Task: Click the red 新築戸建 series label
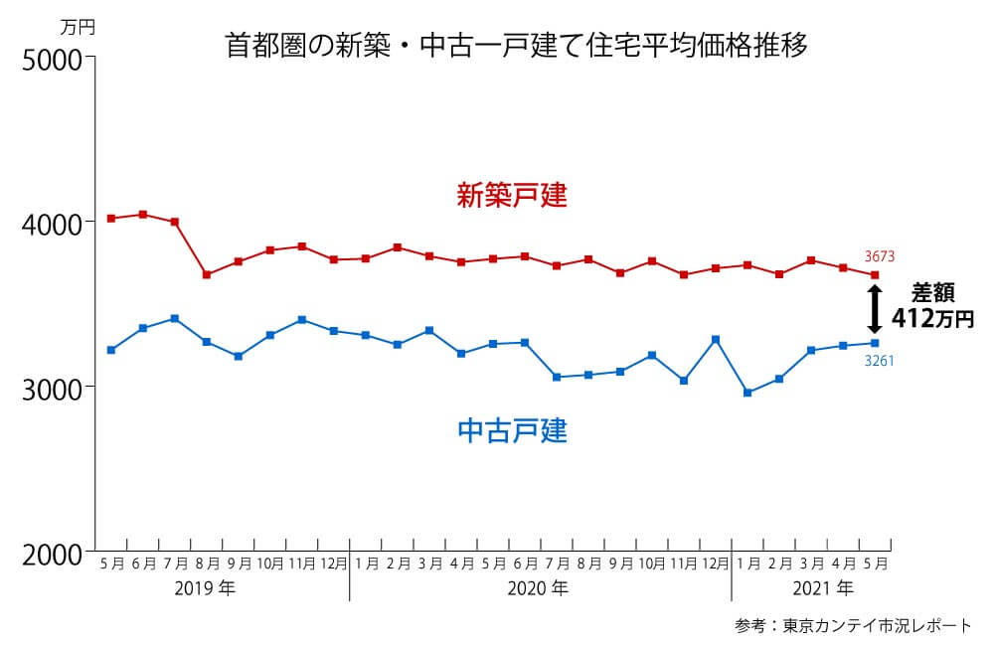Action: click(512, 195)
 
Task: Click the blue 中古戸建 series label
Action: click(512, 431)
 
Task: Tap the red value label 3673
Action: click(879, 256)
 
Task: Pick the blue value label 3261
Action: click(879, 361)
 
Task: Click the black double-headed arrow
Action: click(875, 309)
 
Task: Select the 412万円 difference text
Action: click(932, 319)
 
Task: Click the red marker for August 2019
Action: click(207, 274)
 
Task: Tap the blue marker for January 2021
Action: click(747, 393)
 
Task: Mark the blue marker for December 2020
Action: click(716, 340)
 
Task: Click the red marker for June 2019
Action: click(143, 215)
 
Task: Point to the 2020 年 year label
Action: click(538, 587)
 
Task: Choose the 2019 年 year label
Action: click(205, 587)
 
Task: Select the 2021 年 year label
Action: click(823, 587)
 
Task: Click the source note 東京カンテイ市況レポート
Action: click(876, 626)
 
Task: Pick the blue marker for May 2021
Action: click(875, 343)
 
